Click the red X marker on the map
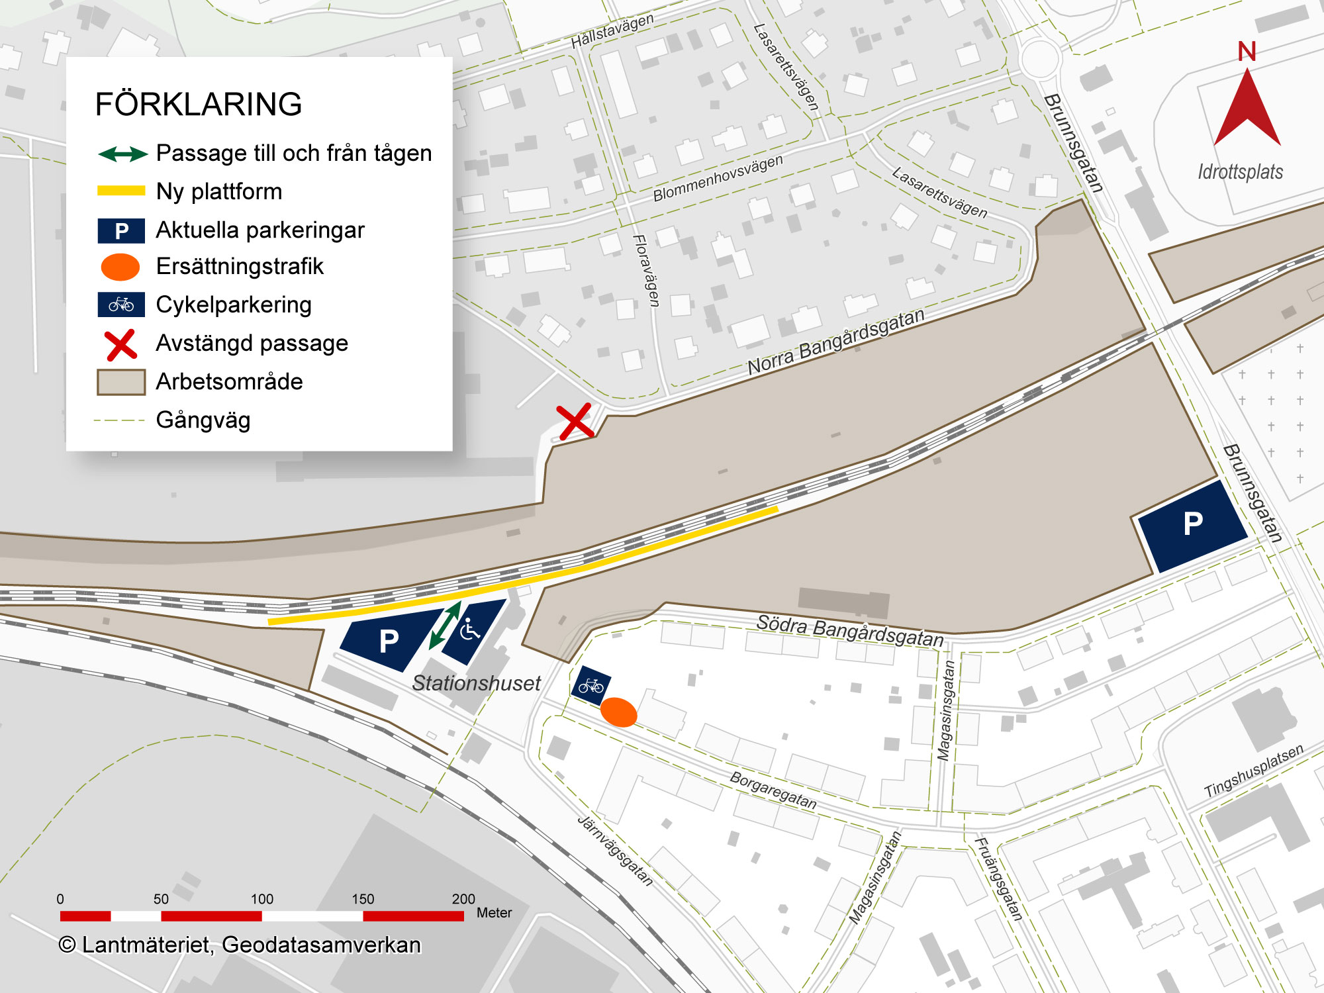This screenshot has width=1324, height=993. click(x=575, y=422)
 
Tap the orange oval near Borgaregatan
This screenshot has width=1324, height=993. click(x=618, y=712)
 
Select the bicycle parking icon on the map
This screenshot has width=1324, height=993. click(x=591, y=686)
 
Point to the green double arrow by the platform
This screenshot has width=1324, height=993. click(x=445, y=626)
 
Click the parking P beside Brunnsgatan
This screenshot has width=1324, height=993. click(x=1192, y=524)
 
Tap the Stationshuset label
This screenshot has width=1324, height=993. click(x=476, y=683)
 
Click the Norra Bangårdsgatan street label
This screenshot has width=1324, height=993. click(x=835, y=342)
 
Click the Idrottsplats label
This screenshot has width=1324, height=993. click(x=1240, y=172)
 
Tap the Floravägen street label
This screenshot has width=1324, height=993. click(x=647, y=270)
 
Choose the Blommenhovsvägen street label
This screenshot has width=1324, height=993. click(x=718, y=178)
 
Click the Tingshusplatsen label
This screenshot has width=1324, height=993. click(x=1253, y=771)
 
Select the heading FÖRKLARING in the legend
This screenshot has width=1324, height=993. click(x=199, y=105)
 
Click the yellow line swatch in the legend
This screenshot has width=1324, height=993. click(x=121, y=191)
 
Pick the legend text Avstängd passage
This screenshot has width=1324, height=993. click(x=252, y=344)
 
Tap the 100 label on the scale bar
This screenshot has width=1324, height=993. click(x=261, y=899)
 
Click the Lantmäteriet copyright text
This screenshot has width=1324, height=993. click(x=240, y=945)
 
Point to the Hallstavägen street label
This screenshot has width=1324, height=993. click(x=612, y=31)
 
